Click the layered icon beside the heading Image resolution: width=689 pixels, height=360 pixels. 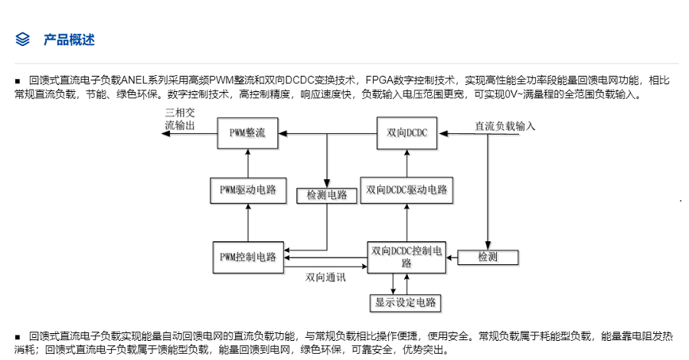tap(23, 40)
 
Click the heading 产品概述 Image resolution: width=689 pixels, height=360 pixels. tap(69, 40)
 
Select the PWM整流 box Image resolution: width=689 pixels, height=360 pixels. tap(247, 133)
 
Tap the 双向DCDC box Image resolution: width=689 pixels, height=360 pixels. tap(407, 133)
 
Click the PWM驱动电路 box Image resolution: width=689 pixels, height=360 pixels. tap(247, 189)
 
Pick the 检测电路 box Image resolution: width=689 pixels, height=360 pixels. tap(327, 195)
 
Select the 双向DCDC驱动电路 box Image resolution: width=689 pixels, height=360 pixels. tap(407, 189)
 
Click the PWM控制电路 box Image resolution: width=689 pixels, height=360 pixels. tap(247, 256)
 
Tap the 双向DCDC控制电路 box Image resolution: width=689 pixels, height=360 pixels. tap(407, 257)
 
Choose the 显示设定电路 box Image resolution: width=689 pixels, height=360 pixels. tap(406, 303)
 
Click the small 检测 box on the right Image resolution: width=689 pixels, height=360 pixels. tap(488, 257)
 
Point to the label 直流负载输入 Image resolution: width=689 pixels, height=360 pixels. tap(505, 126)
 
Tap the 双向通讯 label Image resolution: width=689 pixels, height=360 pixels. tap(325, 277)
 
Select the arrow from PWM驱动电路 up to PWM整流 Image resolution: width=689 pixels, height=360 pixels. tap(247, 162)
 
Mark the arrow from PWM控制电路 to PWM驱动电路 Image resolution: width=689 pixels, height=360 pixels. tap(247, 223)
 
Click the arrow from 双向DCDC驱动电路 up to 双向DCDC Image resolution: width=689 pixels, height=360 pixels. tap(407, 162)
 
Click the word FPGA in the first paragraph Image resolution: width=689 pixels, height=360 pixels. tap(380, 80)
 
